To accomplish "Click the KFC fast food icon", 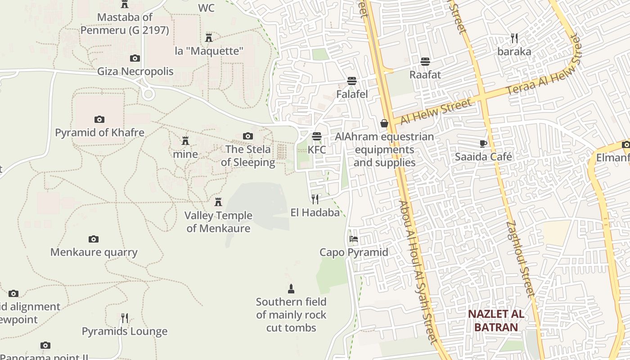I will pos(317,136).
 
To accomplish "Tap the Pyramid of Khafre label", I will pos(99,133).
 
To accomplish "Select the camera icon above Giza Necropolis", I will pos(135,58).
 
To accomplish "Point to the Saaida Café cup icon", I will pos(483,144).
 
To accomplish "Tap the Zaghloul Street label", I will pos(520,259).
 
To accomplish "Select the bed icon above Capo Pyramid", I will pos(354,238).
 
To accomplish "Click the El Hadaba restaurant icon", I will pos(315,199).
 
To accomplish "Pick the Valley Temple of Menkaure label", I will pos(218,222).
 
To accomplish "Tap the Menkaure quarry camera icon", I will pos(94,239).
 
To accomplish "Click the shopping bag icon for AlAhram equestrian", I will pos(384,123).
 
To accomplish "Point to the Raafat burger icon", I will pos(425,61).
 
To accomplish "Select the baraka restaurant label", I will pos(514,51).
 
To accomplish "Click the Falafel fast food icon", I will pos(352,81).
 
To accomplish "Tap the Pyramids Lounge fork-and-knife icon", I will pos(125,318).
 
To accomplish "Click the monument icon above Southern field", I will pos(291,288).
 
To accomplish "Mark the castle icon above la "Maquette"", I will pos(209,37).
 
